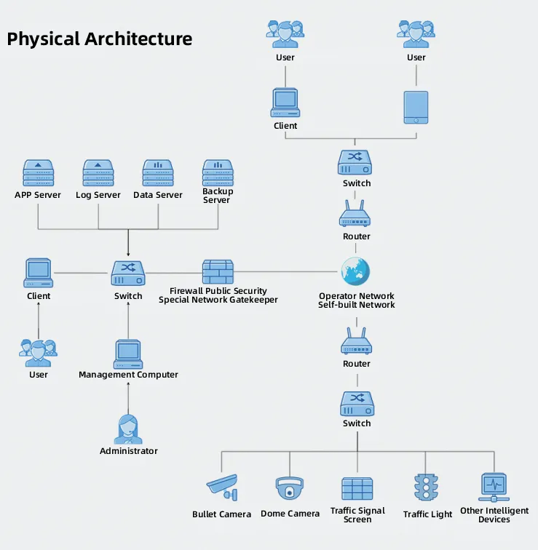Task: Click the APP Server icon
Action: (x=39, y=173)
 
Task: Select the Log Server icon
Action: (x=98, y=173)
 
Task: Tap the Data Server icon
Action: (x=158, y=173)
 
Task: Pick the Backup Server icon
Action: (x=218, y=173)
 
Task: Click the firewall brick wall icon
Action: (x=218, y=272)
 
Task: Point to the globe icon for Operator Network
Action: (x=355, y=271)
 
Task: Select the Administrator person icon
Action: (x=128, y=429)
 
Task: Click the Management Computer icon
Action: (x=128, y=354)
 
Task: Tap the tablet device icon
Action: (x=416, y=108)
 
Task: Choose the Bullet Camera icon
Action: (x=222, y=487)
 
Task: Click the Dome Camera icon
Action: (x=290, y=488)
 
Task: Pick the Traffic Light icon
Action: (x=426, y=487)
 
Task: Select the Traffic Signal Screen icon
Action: (x=357, y=489)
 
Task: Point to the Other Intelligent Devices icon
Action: (x=494, y=487)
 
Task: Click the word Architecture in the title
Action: (x=138, y=39)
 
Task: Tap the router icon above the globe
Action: (x=355, y=214)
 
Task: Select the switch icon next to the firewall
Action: (x=128, y=274)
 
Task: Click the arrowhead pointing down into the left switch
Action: (x=128, y=255)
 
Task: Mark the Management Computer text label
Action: (x=128, y=375)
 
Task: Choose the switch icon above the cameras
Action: (x=357, y=404)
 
